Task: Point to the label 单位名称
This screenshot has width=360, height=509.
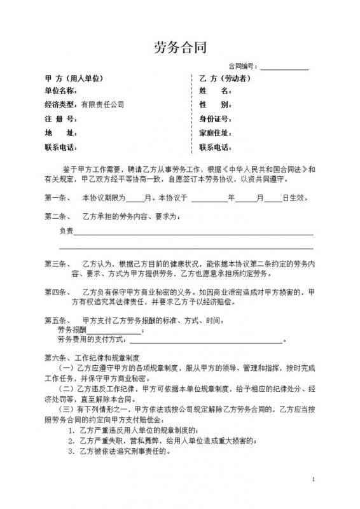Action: click(x=60, y=91)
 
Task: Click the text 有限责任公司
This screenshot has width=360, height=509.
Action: click(x=102, y=104)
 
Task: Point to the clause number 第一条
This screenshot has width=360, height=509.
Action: click(x=57, y=198)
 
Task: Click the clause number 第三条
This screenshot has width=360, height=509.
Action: click(x=57, y=263)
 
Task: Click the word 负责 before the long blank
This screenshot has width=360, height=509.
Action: click(x=66, y=230)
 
